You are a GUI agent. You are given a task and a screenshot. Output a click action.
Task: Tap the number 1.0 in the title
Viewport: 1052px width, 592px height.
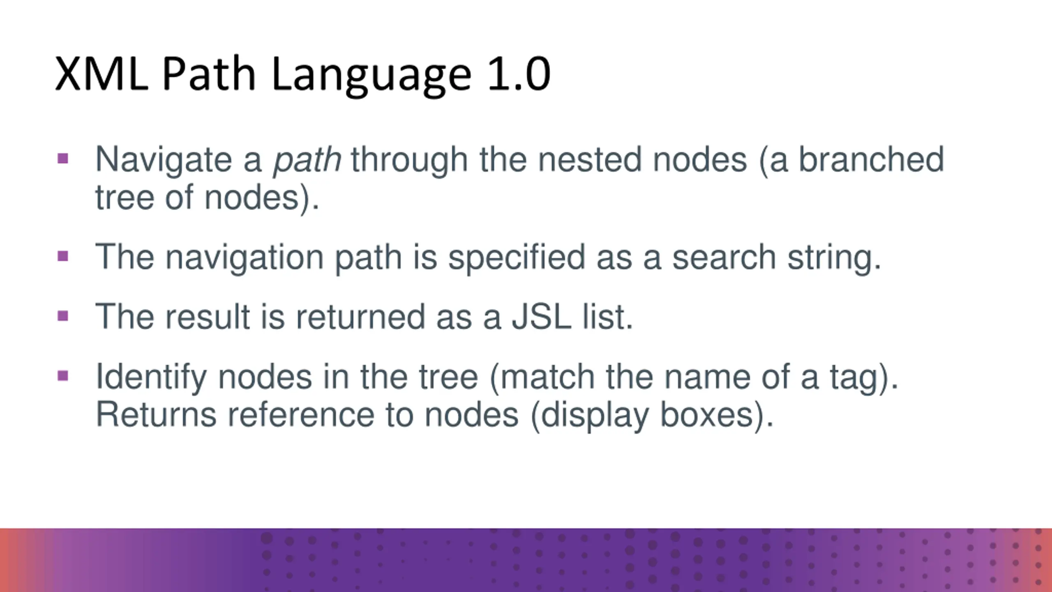click(x=519, y=74)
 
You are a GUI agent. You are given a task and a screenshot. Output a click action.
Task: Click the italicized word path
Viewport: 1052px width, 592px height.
click(x=307, y=160)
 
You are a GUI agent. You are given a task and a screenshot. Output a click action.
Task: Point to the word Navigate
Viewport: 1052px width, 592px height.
click(x=164, y=160)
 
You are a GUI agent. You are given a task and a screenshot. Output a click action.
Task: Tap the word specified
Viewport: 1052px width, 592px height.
click(x=517, y=258)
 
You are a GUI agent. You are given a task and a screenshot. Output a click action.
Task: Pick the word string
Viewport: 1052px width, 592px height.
click(x=834, y=258)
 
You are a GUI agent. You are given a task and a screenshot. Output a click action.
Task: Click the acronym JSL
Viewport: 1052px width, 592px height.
click(x=541, y=317)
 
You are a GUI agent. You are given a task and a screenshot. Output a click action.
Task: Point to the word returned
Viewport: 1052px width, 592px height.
click(x=360, y=317)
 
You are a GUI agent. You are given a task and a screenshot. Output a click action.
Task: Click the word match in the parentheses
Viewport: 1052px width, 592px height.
click(x=547, y=377)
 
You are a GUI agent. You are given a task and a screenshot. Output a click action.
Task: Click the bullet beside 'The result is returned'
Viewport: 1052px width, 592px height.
click(x=63, y=316)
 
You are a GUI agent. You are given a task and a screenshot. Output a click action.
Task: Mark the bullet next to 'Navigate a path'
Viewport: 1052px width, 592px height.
click(x=63, y=158)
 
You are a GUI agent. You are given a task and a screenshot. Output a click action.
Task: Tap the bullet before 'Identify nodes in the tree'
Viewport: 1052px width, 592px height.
click(x=63, y=376)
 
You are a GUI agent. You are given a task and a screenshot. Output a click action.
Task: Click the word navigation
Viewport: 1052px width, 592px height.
click(x=245, y=258)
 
